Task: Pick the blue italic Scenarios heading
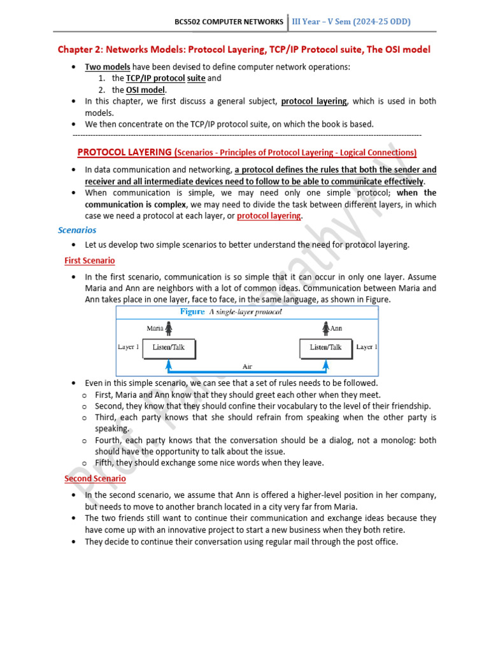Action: pos(77,230)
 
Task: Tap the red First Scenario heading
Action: pos(90,260)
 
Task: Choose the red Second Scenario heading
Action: pos(95,478)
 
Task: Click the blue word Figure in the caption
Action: pos(192,312)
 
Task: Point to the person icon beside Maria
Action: pos(169,329)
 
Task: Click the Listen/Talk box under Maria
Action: pos(168,348)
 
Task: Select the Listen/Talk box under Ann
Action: pos(325,348)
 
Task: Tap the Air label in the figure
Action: pos(248,366)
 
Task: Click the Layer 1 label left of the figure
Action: pos(128,348)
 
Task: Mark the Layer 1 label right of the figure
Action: pos(367,348)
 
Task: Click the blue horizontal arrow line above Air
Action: pos(247,371)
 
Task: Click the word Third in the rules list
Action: pos(106,418)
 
